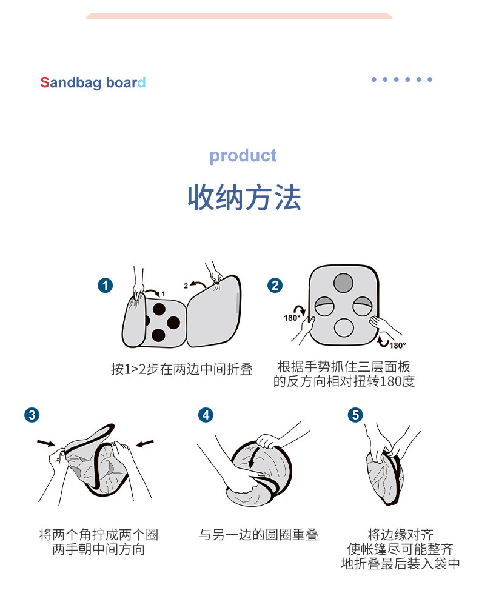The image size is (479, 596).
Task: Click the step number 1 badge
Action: tap(106, 285)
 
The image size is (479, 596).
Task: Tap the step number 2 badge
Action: tap(275, 285)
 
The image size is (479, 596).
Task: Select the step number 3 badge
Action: tap(32, 415)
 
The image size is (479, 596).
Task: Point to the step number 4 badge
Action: tap(206, 415)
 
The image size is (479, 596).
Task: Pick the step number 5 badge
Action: tap(355, 415)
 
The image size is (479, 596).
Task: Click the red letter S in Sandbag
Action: tap(44, 82)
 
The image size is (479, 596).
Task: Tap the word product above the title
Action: tap(243, 156)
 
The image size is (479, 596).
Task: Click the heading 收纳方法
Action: tap(244, 198)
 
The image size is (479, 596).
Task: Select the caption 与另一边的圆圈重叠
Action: tap(258, 535)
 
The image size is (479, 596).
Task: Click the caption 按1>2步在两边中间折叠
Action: tap(182, 369)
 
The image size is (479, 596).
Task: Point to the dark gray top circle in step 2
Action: tap(343, 283)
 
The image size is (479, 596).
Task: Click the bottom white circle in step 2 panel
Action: tap(344, 327)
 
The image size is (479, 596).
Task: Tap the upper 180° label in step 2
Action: tap(292, 318)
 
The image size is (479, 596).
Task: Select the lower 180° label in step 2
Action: tap(398, 345)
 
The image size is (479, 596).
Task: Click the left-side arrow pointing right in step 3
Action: tap(45, 443)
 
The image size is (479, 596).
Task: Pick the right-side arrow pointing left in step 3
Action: tap(145, 443)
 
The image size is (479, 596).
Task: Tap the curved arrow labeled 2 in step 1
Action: tap(198, 283)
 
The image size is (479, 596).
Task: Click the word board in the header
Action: tap(126, 82)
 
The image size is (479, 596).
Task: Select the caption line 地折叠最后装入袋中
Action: tap(400, 564)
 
